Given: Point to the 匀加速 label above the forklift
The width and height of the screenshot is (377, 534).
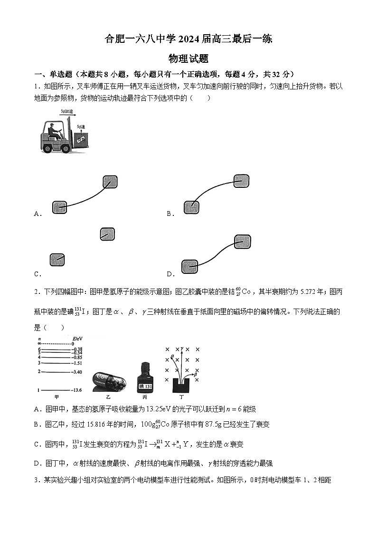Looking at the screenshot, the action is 67,112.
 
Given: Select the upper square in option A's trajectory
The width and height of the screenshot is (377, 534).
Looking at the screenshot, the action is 110,182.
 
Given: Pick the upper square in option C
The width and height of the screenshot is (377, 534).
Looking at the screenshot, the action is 108,234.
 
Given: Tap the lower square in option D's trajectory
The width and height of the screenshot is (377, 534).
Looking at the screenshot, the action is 189,266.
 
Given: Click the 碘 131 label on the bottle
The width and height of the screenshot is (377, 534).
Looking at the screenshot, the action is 145,386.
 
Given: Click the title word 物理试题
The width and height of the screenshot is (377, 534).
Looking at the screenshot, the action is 188,59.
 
